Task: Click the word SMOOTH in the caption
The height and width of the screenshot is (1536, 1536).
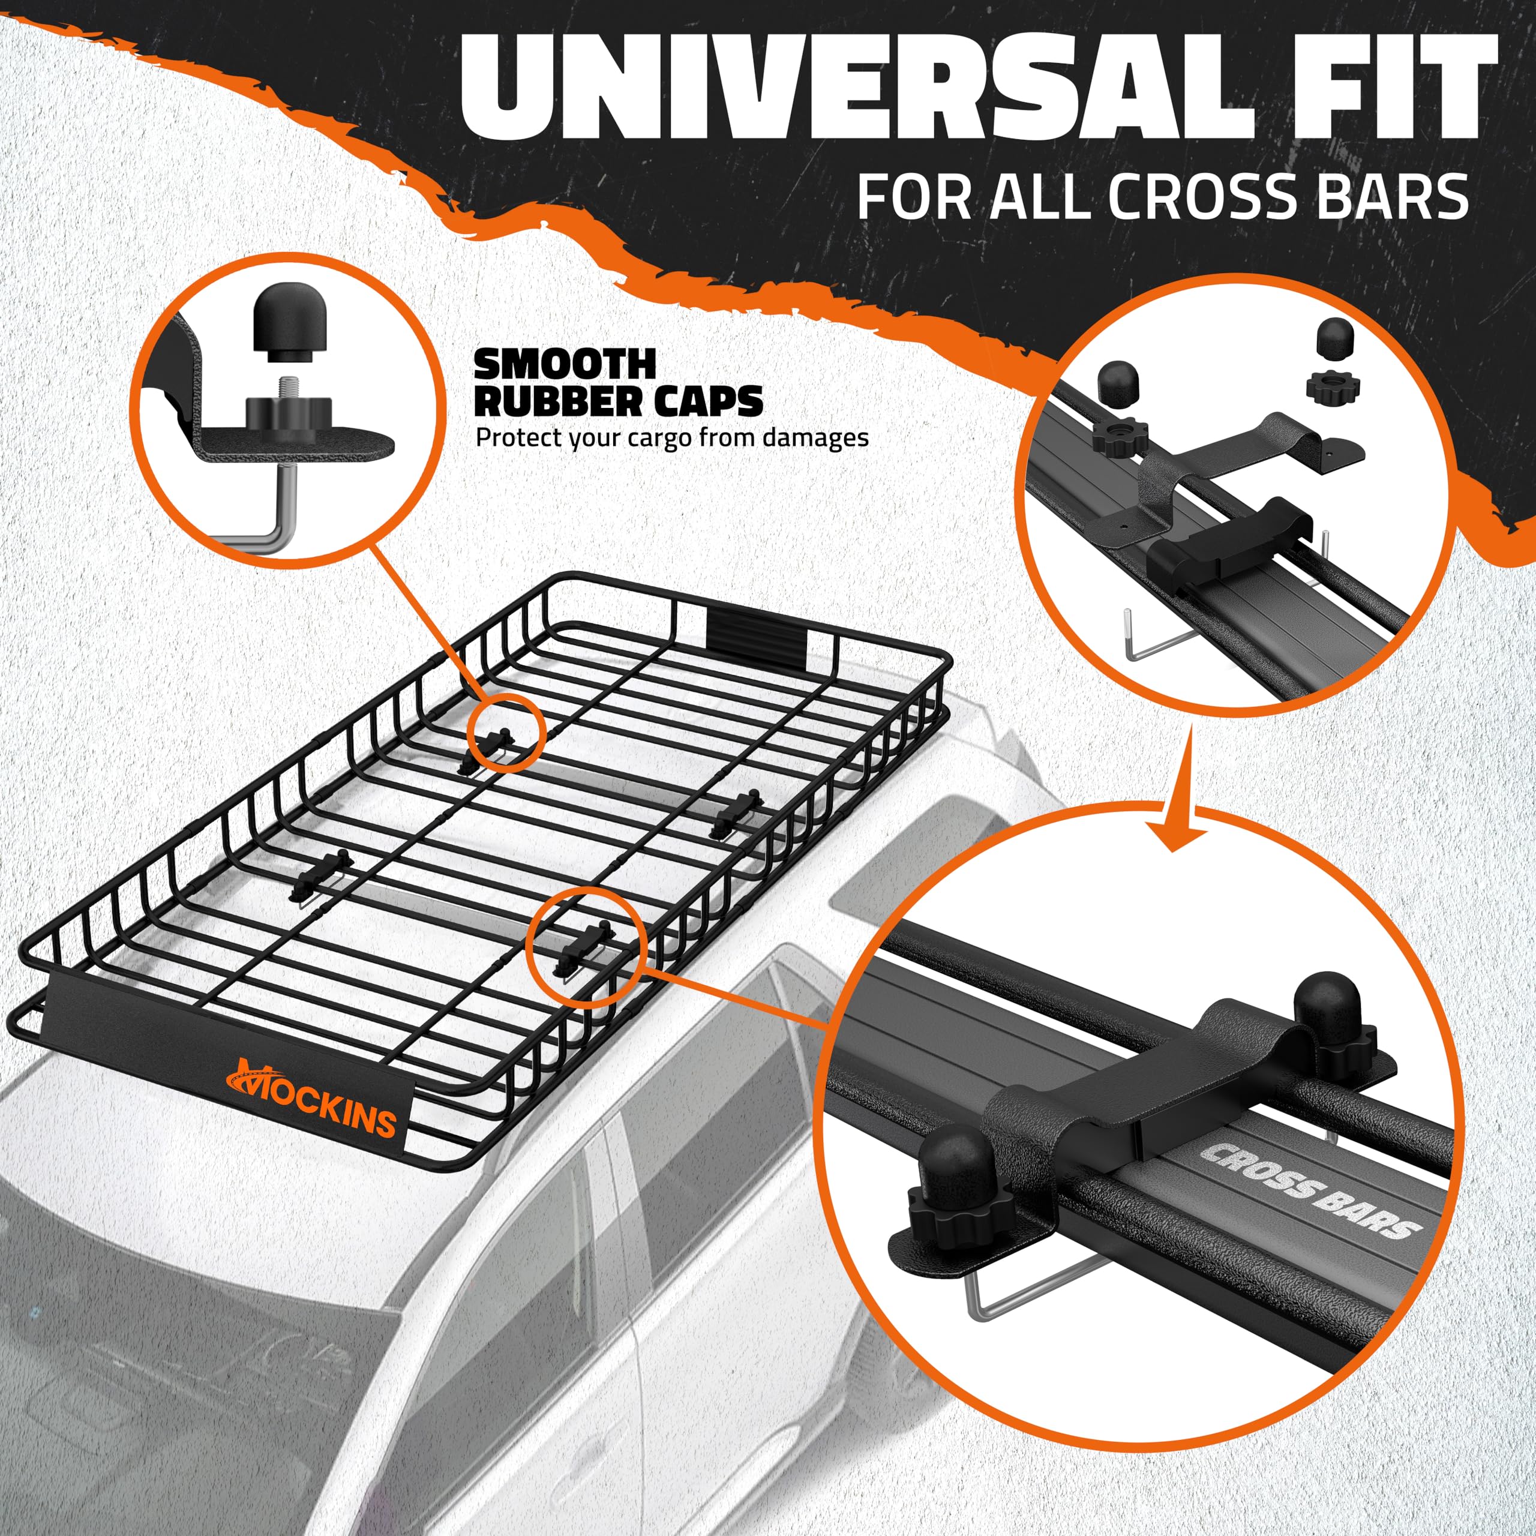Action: pyautogui.click(x=565, y=365)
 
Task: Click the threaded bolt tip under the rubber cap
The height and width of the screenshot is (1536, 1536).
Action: pyautogui.click(x=284, y=387)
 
